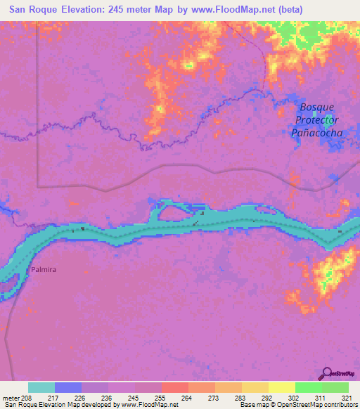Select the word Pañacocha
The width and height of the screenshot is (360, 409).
(x=317, y=133)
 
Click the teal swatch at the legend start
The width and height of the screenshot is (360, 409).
(x=41, y=387)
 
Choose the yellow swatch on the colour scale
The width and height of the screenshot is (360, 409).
(x=281, y=387)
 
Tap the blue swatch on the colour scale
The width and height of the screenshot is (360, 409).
(x=68, y=387)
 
